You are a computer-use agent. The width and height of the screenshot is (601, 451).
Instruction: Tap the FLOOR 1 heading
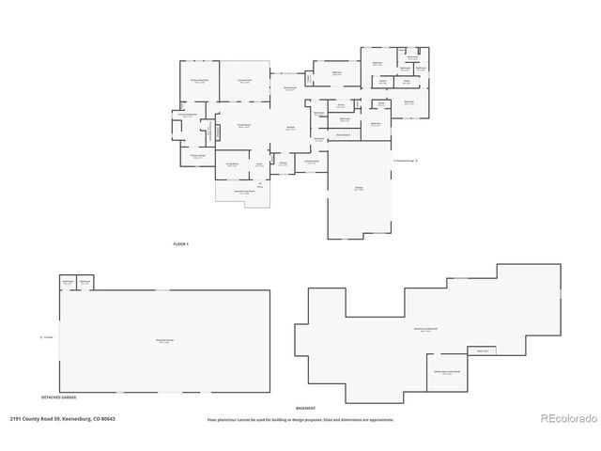[181, 244]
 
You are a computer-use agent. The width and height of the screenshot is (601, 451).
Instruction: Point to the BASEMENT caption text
[306, 409]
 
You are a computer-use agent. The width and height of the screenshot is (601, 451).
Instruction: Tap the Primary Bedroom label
[198, 82]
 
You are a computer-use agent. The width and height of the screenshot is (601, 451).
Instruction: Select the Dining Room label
[291, 89]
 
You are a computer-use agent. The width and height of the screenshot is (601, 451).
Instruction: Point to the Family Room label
[243, 126]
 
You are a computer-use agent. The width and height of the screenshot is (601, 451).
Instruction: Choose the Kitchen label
[291, 128]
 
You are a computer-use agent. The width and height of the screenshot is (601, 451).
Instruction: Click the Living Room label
[230, 164]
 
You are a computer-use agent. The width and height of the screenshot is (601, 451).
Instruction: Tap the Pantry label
[283, 163]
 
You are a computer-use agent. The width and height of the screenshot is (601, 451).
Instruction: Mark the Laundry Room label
[311, 162]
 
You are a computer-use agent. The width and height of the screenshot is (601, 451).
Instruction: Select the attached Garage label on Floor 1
[359, 188]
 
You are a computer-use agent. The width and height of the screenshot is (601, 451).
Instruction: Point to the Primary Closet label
[198, 157]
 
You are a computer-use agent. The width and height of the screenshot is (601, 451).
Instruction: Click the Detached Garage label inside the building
[164, 341]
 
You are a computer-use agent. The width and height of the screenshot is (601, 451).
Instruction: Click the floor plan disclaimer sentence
[300, 419]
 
